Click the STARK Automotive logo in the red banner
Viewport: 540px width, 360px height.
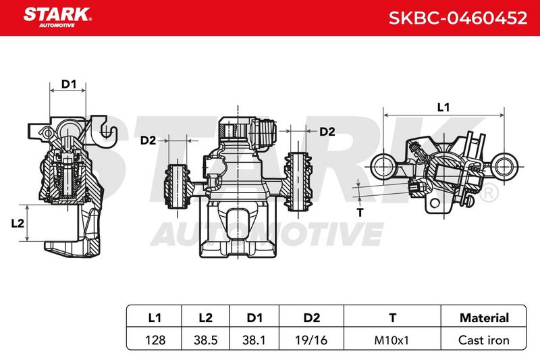(57, 18)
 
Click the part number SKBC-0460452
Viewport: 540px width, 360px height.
(458, 18)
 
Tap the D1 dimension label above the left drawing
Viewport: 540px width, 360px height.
(69, 84)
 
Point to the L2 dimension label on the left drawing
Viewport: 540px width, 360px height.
(18, 224)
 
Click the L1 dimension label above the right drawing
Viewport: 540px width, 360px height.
(443, 107)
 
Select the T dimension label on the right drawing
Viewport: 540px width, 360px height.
(360, 212)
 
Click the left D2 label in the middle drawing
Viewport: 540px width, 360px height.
(148, 140)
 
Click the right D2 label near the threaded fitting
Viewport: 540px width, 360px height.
(327, 132)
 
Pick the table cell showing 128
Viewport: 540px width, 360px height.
(155, 340)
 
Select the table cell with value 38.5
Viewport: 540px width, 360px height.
(206, 340)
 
